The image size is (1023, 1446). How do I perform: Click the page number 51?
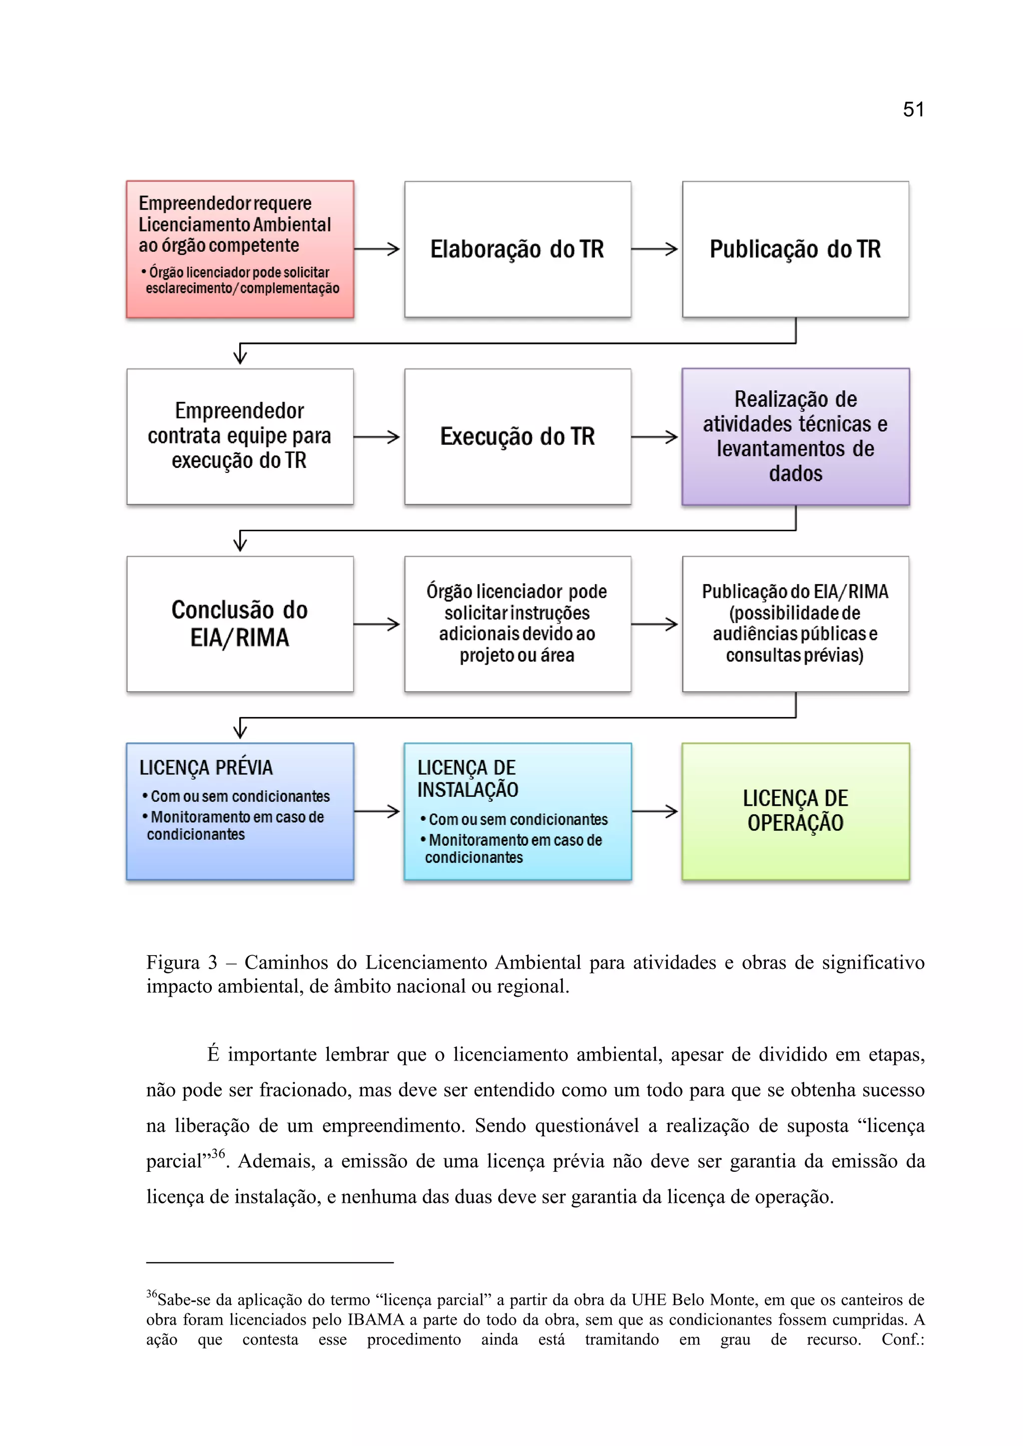click(913, 109)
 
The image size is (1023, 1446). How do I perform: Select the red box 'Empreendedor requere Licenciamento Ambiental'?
click(239, 249)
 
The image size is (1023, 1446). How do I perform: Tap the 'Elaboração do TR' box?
click(517, 249)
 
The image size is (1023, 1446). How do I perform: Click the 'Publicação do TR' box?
click(795, 249)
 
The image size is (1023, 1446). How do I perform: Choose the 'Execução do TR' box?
click(517, 436)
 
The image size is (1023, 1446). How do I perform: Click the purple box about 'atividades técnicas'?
click(795, 436)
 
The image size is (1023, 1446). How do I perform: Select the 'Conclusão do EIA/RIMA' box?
click(239, 624)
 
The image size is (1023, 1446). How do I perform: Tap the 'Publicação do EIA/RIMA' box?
click(795, 624)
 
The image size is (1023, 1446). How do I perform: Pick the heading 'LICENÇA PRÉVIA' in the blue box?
click(206, 768)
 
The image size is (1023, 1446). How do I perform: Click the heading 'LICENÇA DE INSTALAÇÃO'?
click(468, 778)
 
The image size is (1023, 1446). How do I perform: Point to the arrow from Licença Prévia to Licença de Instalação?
click(377, 811)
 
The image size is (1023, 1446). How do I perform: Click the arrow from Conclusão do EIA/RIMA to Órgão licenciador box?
click(377, 624)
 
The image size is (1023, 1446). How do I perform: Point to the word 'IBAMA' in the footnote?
click(376, 1319)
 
